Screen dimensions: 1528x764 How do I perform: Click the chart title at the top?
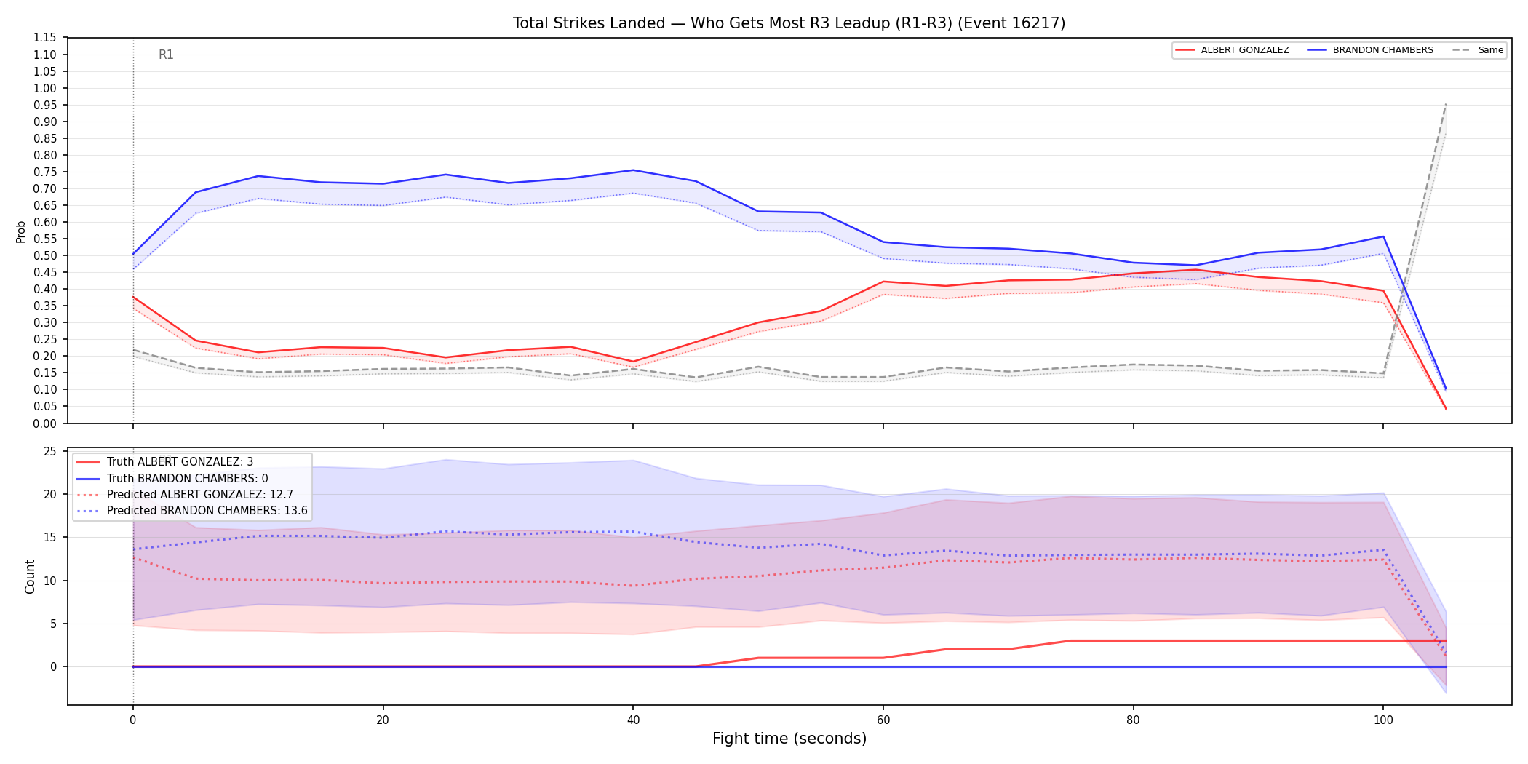click(x=789, y=23)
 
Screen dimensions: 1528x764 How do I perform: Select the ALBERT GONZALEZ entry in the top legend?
click(x=1244, y=50)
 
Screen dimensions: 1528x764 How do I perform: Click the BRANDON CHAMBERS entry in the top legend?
click(x=1382, y=50)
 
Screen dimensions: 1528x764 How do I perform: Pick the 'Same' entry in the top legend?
click(x=1491, y=50)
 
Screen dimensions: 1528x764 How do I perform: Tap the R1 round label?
click(x=166, y=55)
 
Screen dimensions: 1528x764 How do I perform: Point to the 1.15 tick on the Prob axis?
click(x=45, y=38)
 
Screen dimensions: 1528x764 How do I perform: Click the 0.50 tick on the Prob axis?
click(x=45, y=255)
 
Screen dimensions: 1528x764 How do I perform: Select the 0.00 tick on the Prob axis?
click(x=45, y=423)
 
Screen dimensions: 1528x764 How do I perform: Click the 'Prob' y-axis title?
click(x=21, y=231)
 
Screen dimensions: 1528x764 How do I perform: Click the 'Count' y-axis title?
click(x=30, y=576)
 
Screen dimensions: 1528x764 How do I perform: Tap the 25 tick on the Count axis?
click(x=50, y=452)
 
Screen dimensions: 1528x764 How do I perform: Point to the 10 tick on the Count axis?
click(x=50, y=581)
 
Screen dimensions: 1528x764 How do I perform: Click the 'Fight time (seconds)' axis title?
click(x=789, y=739)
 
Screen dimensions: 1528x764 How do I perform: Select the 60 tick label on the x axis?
click(x=883, y=720)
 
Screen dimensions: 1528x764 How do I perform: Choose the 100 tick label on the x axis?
click(x=1383, y=720)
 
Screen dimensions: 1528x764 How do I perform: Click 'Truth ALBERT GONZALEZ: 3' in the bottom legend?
click(x=180, y=462)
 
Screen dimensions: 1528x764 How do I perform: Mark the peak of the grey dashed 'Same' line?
click(x=1446, y=104)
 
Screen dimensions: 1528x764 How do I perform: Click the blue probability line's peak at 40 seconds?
click(x=633, y=170)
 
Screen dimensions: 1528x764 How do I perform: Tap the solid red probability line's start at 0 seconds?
click(x=133, y=297)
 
